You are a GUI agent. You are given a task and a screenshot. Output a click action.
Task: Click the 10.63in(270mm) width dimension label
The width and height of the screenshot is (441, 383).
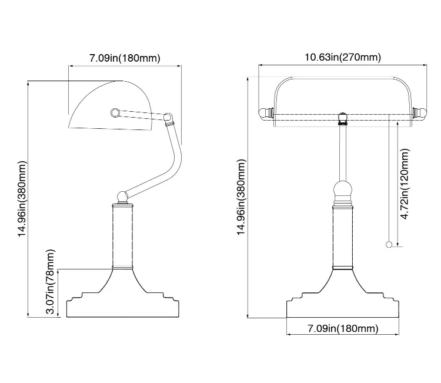[x=343, y=57]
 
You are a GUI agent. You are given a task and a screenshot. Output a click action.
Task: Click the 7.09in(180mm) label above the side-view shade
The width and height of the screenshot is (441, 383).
[x=125, y=58]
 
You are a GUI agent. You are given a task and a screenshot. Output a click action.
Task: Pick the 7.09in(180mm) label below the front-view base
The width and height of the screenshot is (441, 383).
[x=343, y=328]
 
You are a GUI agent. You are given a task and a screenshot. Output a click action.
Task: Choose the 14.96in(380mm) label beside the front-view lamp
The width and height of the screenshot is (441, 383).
[x=241, y=197]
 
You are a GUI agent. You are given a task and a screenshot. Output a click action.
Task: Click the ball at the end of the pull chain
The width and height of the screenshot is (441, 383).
[x=387, y=245]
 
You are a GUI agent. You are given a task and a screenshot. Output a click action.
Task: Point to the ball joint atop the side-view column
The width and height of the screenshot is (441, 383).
[x=123, y=196]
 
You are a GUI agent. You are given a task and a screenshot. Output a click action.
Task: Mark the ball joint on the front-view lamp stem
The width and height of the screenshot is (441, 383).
[x=343, y=191]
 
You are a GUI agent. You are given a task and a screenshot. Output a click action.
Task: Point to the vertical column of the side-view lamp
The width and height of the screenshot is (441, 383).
[x=123, y=235]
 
